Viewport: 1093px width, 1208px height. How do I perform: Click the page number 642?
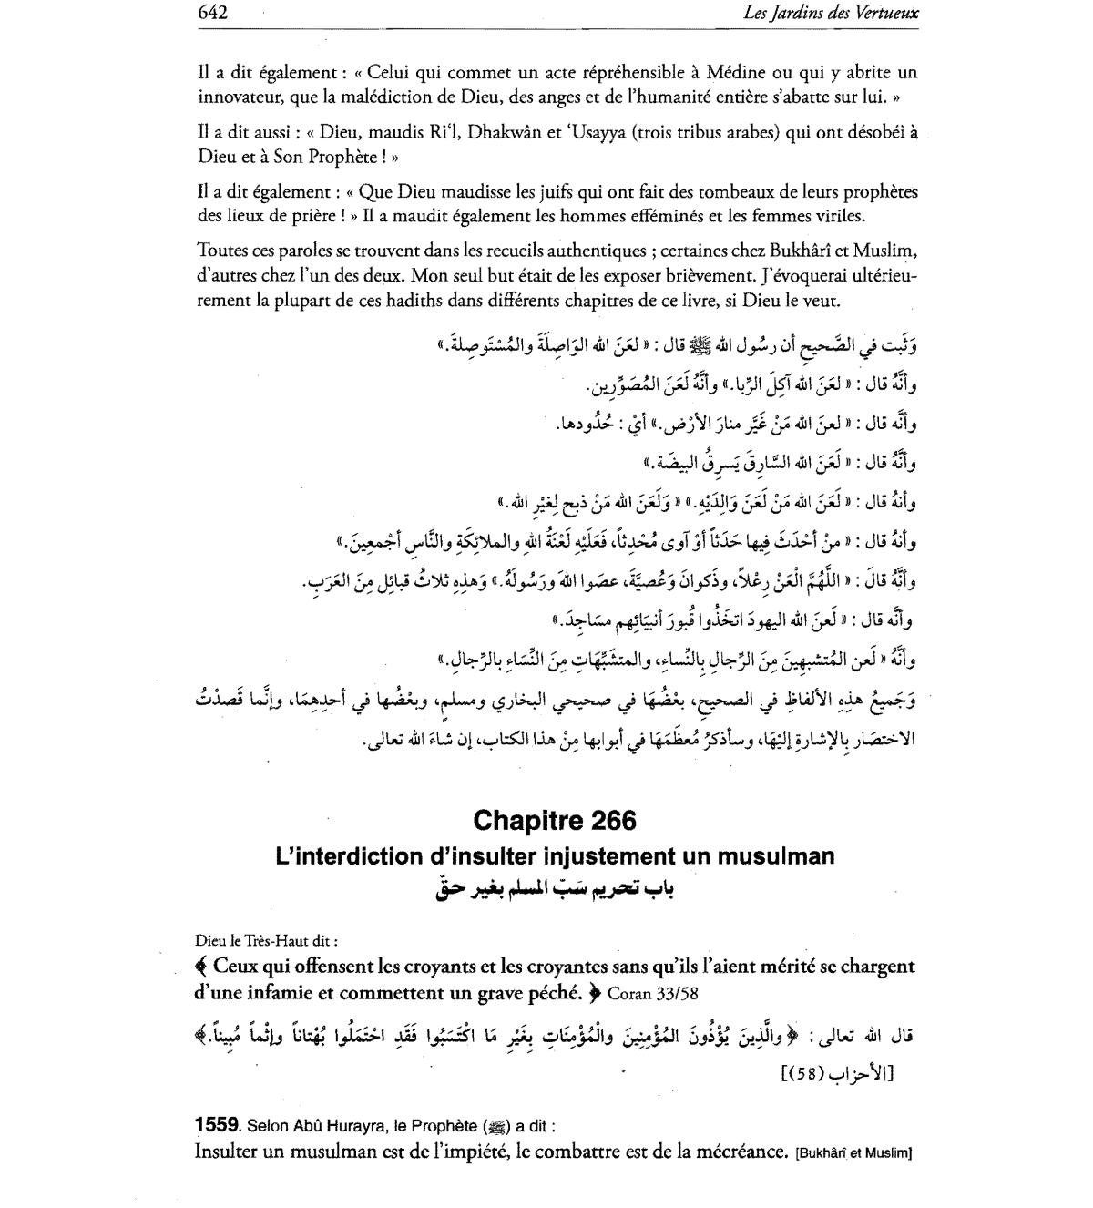[x=211, y=12]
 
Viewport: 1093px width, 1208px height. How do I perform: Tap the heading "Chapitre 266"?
[x=555, y=821]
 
